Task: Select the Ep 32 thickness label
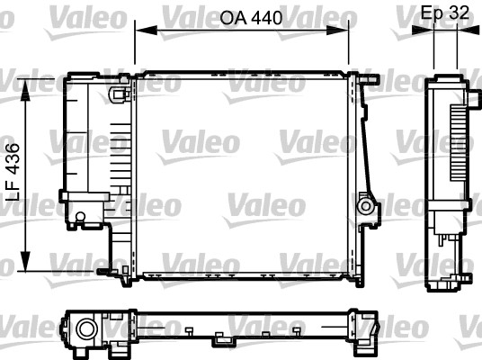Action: (x=444, y=13)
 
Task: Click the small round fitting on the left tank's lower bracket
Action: (x=80, y=216)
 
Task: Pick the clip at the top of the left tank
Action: (x=116, y=93)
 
